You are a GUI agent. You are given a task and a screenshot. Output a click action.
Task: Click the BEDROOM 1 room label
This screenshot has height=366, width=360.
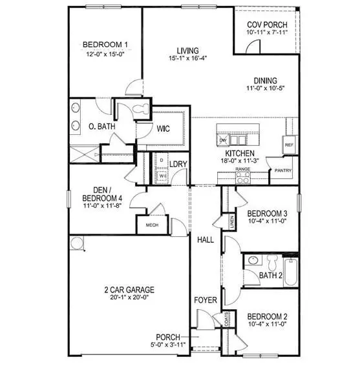tap(105, 45)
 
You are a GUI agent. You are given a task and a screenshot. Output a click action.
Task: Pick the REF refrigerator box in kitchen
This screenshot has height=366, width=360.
tap(289, 145)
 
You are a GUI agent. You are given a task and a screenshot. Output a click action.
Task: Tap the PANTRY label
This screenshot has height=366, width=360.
tap(283, 170)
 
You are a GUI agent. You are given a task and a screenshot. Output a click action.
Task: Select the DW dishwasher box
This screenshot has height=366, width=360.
tap(222, 140)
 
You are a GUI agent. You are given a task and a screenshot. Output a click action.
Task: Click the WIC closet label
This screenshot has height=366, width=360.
tap(164, 128)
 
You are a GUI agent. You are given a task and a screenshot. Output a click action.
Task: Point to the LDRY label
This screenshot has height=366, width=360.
tap(178, 164)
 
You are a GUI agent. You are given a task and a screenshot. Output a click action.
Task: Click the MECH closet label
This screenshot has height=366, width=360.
tap(152, 225)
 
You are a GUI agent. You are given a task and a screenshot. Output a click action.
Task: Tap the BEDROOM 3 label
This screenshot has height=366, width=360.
tap(268, 214)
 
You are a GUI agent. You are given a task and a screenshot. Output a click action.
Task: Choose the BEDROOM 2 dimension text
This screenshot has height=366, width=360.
tap(268, 325)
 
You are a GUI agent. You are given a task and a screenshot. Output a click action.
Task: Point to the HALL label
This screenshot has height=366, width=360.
tap(206, 239)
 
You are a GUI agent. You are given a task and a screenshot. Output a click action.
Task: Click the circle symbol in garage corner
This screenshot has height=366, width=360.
tap(78, 243)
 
